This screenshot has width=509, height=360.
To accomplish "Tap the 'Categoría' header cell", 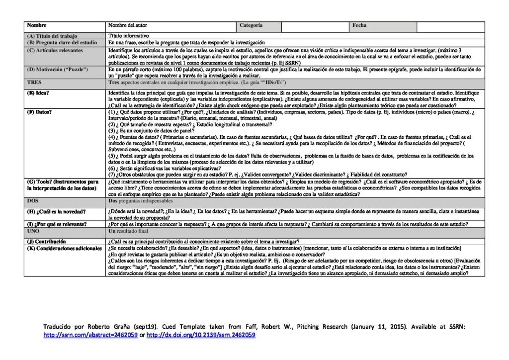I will click(251, 25).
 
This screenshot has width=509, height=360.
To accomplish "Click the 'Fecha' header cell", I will click(359, 25).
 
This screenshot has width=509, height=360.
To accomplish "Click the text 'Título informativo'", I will click(129, 36).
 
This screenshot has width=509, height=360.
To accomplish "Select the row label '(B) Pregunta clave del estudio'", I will click(61, 43).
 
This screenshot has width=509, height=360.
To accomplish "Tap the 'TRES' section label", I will click(34, 82).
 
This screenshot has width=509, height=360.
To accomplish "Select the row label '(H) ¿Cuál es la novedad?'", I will click(56, 212).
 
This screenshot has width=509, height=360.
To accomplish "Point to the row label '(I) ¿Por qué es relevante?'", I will click(57, 224).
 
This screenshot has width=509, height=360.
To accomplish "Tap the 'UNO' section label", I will click(34, 232).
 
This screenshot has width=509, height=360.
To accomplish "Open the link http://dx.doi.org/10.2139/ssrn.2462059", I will click(201, 335).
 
